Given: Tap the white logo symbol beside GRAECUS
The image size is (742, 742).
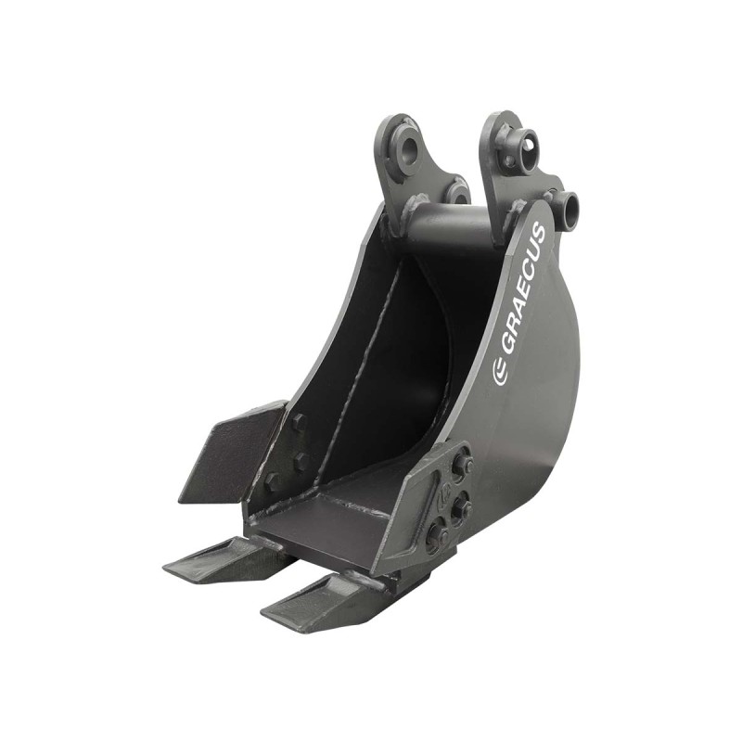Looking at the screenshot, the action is (x=500, y=373).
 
